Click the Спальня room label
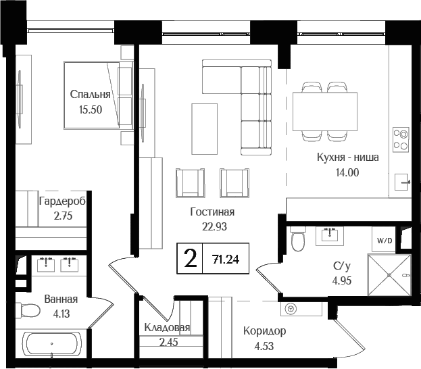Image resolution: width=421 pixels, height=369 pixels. point(90,95)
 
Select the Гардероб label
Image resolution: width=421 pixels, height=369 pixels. point(61,201)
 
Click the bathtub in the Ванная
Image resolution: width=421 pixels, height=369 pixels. point(52,345)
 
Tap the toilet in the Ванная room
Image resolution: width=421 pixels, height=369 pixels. point(30,311)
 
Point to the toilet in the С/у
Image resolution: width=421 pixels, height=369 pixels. point(298,239)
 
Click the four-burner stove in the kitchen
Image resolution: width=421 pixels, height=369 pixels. point(401,139)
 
